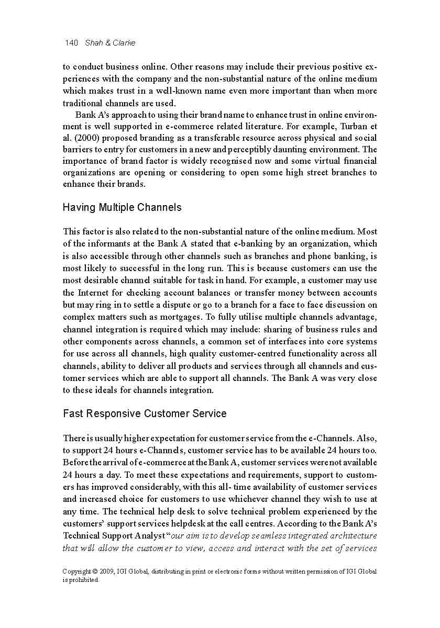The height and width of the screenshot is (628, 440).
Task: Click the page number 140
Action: click(x=71, y=43)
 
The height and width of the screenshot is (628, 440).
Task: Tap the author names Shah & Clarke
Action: click(x=110, y=43)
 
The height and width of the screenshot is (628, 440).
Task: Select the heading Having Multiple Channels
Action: click(x=122, y=207)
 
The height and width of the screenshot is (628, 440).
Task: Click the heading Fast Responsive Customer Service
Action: click(x=145, y=413)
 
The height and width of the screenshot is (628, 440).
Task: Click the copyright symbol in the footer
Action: click(x=94, y=571)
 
